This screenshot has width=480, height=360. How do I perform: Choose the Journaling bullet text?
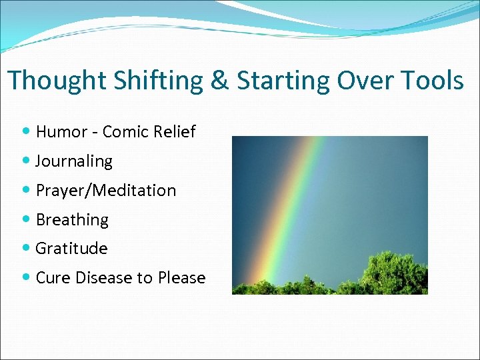point(74,161)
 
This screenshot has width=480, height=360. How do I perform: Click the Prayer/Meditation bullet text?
point(106,191)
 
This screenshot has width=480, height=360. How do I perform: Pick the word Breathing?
point(72,220)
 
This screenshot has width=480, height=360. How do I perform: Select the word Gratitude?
point(71,249)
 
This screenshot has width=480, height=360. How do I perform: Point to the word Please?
point(181,278)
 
